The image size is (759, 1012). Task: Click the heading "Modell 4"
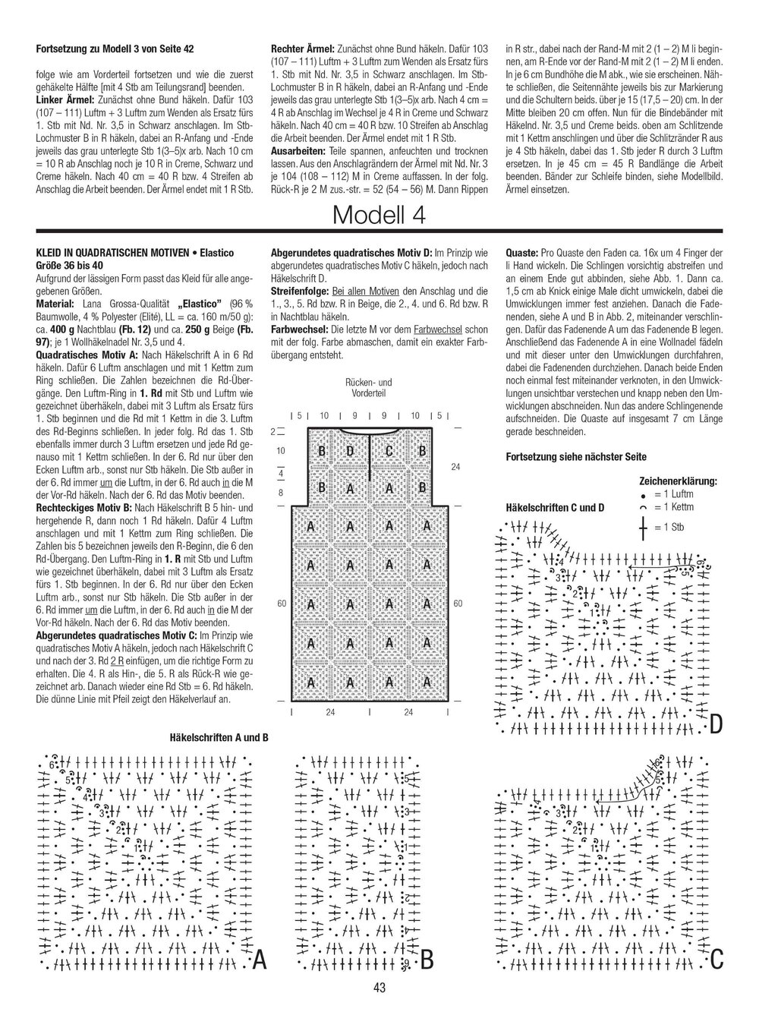379,215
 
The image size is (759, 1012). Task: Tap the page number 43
379,987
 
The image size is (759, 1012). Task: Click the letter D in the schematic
351,452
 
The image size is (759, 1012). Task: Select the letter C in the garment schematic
389,452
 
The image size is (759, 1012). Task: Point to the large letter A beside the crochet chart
259,960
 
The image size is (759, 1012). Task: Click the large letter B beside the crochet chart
426,961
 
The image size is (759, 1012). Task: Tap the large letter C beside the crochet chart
716,961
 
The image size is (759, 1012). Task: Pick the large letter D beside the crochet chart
716,726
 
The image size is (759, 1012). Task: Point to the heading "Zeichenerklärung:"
679,481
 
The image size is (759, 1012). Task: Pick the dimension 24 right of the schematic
455,468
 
